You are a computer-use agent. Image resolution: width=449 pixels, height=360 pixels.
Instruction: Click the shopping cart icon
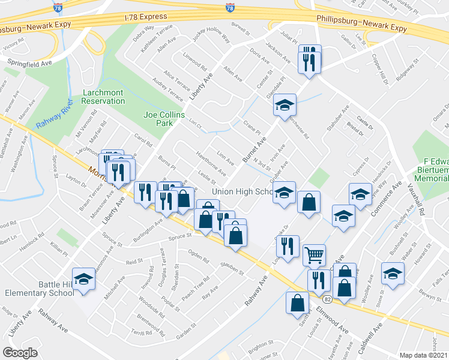[x=314, y=255]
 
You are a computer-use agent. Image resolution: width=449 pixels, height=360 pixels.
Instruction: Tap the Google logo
[x=20, y=353]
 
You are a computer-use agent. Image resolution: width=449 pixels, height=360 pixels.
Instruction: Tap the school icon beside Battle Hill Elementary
[x=84, y=278]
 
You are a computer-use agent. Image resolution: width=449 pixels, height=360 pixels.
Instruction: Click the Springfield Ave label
[x=29, y=61]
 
